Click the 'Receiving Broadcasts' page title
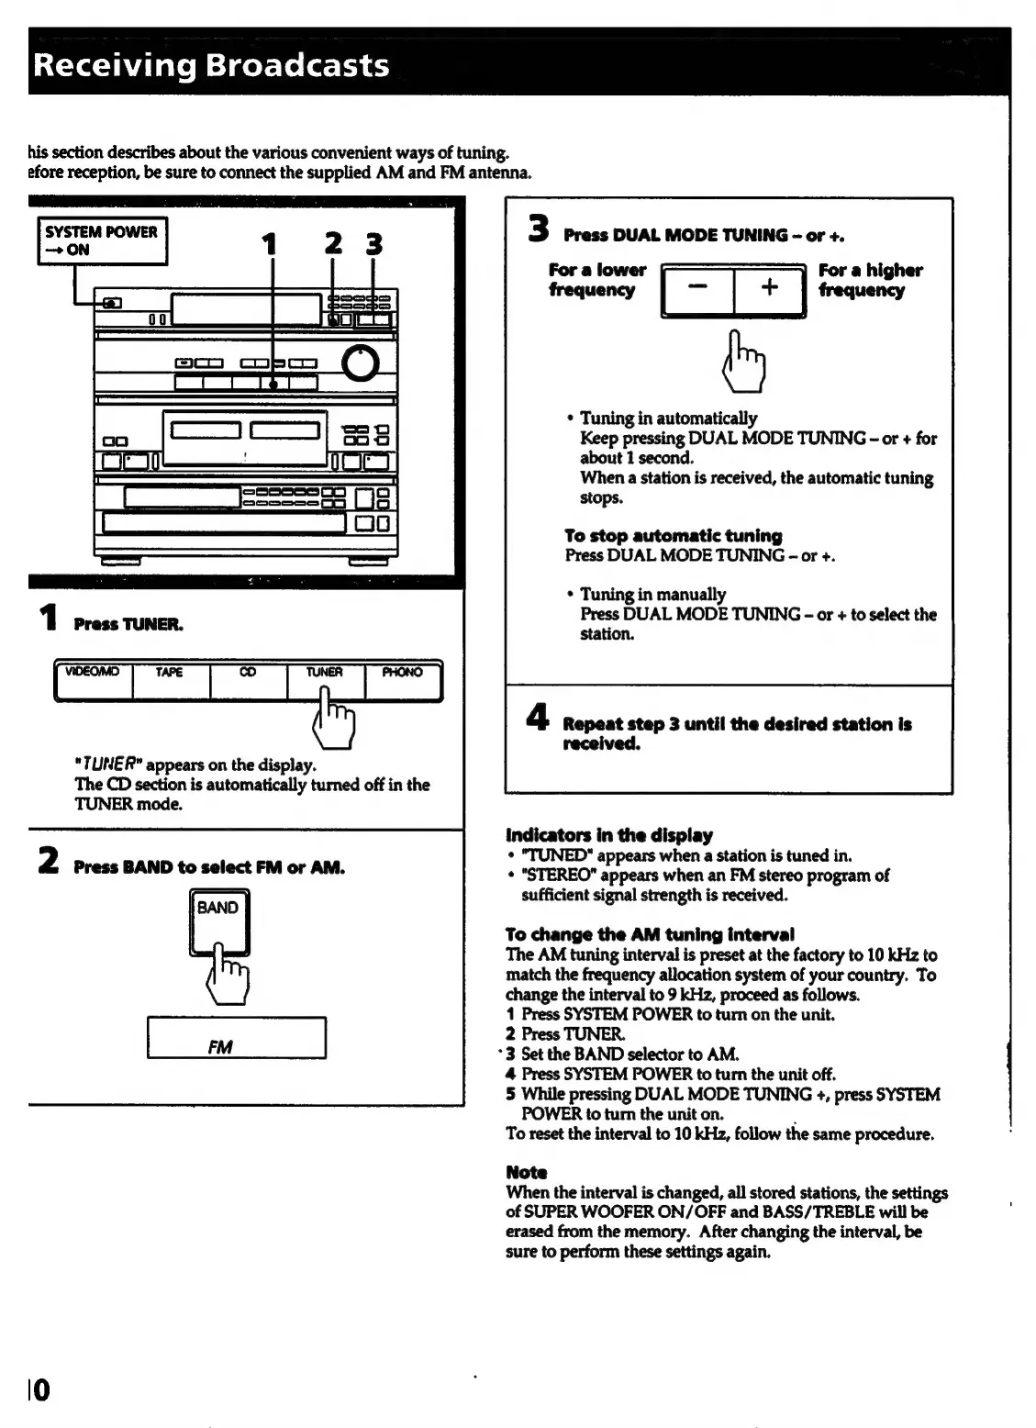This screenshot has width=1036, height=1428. (x=210, y=66)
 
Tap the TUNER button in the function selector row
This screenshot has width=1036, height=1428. (x=325, y=680)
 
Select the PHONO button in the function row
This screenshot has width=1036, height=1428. (x=403, y=680)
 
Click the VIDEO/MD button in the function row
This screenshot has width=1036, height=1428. (x=94, y=680)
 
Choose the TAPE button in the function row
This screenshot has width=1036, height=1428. (x=171, y=680)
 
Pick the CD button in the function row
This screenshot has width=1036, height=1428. (x=248, y=680)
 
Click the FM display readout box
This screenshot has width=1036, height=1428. (x=236, y=1038)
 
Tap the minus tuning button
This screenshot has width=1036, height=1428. (x=697, y=289)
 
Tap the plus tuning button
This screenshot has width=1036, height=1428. (x=769, y=289)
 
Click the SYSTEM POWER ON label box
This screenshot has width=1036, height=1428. (x=102, y=240)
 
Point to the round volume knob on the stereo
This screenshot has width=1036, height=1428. (x=361, y=364)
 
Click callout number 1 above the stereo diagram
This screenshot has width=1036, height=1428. (x=269, y=244)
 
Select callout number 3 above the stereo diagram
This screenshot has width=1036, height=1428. (x=373, y=244)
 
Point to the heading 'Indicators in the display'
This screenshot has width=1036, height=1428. (x=608, y=835)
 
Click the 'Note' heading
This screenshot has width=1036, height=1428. (x=526, y=1172)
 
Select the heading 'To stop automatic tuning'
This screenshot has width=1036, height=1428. (x=673, y=535)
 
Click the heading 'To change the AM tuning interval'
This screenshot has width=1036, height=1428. (x=650, y=934)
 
